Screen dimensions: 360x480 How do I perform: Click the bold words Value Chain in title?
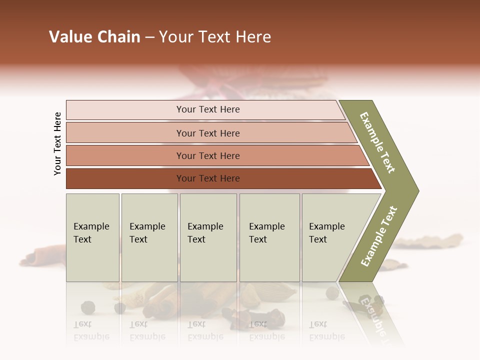[94, 37]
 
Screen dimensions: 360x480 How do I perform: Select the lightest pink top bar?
[207, 109]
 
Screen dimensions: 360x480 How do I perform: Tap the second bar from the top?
[207, 133]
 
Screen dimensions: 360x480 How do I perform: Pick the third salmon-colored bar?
[207, 155]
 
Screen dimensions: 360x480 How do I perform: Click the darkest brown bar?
[207, 178]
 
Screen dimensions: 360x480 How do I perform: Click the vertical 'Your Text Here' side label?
[57, 143]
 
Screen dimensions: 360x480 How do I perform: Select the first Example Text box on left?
[92, 237]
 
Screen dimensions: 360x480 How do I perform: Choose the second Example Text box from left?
[149, 237]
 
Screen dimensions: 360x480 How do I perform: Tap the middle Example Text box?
[208, 237]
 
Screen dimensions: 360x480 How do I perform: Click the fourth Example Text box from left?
[269, 237]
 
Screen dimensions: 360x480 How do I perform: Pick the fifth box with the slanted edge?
[330, 237]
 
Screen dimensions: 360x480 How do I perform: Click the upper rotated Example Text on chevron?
[378, 142]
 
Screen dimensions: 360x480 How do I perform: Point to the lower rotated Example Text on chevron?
[379, 236]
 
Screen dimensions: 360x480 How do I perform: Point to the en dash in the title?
[149, 37]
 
